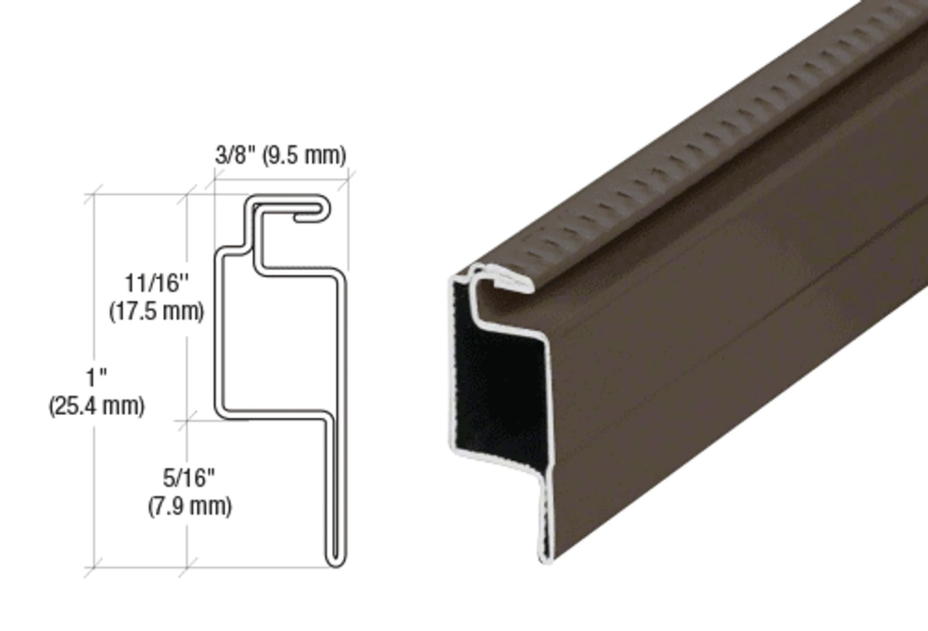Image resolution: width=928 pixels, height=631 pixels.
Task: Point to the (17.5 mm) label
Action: click(x=157, y=312)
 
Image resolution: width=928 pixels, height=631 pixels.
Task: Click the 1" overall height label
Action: click(x=96, y=378)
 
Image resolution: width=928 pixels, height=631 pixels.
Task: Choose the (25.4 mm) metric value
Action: click(x=96, y=406)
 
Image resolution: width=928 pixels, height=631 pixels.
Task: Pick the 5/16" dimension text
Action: click(x=188, y=478)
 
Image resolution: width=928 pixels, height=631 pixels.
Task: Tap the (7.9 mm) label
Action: click(x=188, y=506)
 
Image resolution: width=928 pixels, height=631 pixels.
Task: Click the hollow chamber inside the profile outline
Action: click(x=279, y=341)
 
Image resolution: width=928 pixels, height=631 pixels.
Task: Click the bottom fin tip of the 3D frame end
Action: click(x=546, y=555)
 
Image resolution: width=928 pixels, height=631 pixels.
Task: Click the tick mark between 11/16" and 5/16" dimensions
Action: click(x=187, y=419)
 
